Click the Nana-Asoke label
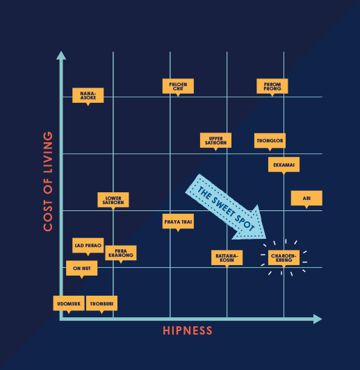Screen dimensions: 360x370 88,96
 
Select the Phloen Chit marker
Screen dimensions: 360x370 178,86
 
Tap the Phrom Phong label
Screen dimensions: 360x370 272,86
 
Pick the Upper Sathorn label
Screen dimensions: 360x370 215,141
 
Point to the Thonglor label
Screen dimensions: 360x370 270,141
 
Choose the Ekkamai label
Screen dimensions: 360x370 284,165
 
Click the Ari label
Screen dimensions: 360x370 306,199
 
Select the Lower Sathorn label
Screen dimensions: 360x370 113,200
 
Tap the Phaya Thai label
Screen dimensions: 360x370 178,222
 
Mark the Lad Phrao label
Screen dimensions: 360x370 88,246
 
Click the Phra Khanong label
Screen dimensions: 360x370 121,253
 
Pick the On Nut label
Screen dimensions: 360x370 81,268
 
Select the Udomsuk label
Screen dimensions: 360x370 69,303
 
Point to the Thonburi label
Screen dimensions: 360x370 101,303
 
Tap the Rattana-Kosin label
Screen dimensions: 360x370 227,258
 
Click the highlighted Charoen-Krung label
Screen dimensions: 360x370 284,258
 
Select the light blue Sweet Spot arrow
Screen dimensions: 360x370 226,208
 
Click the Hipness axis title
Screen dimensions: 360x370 188,330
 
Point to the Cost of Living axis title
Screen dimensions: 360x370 48,181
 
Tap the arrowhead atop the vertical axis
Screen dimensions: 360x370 61,56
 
